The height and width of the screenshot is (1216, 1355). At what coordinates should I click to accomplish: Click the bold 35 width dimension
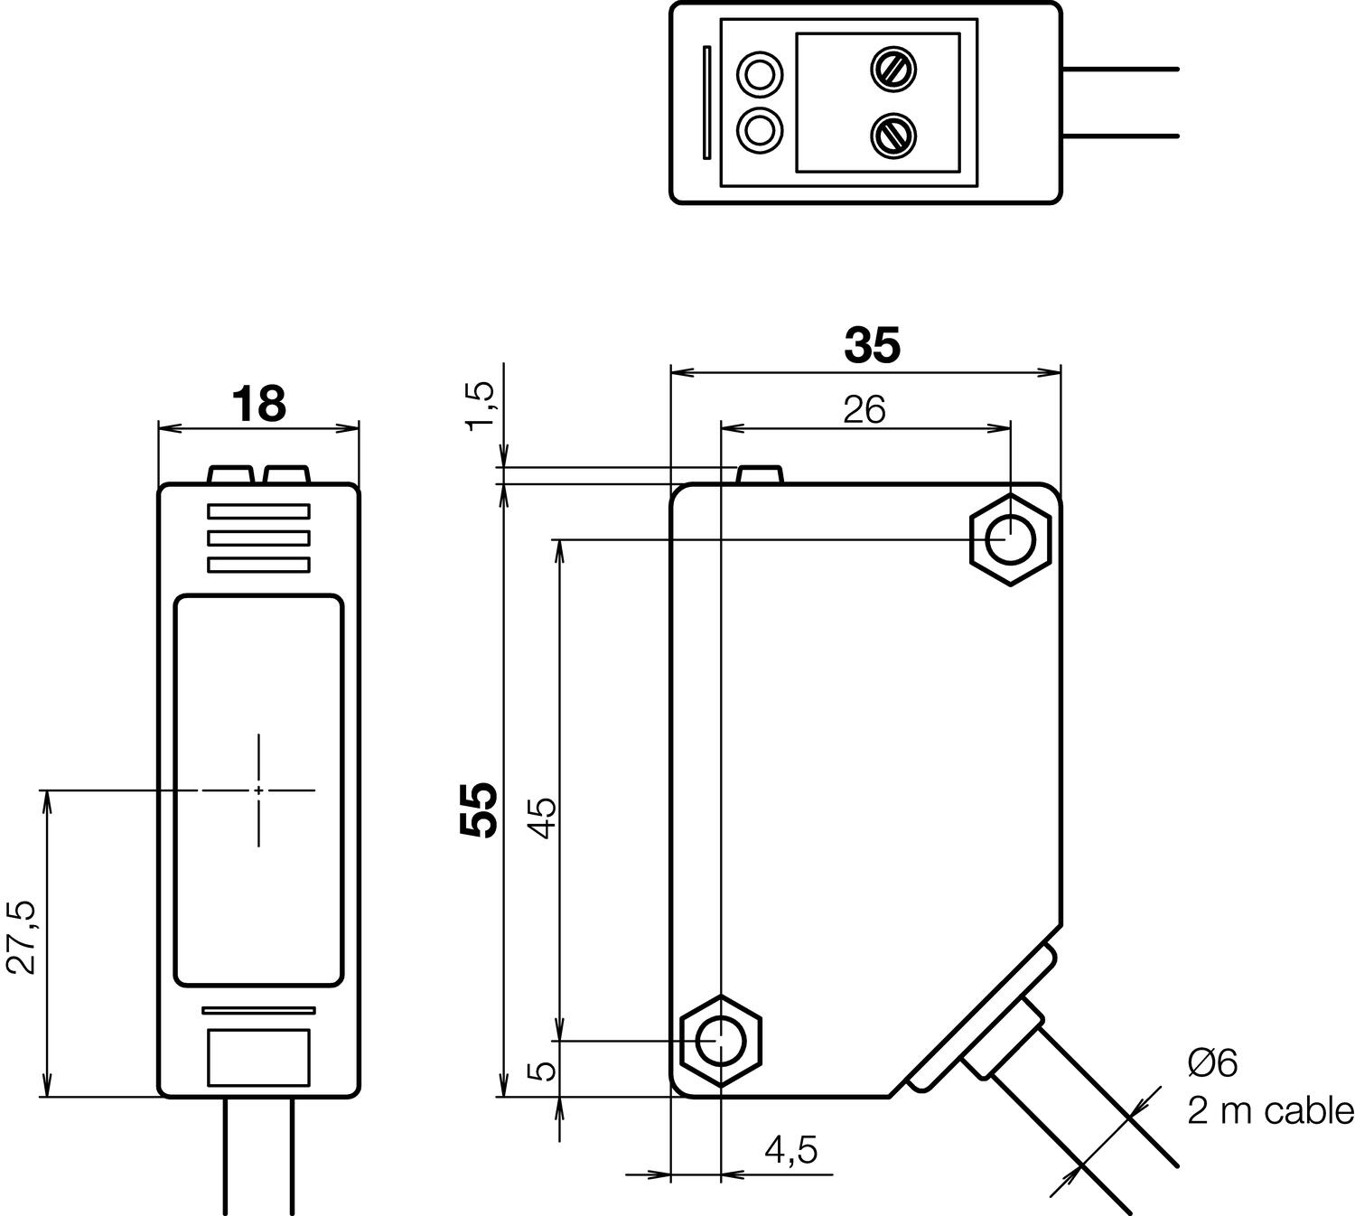(872, 345)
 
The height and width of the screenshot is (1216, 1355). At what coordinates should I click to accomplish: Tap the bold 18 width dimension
(258, 404)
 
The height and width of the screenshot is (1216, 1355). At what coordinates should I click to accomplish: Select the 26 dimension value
(864, 410)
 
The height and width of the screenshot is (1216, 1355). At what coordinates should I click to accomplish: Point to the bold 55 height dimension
(479, 809)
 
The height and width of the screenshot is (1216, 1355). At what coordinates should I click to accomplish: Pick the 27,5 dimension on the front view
(25, 936)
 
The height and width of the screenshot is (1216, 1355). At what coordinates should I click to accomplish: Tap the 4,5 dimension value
(790, 1149)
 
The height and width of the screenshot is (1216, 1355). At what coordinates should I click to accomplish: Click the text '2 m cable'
(1270, 1110)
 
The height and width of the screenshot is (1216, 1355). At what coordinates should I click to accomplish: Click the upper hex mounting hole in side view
(1010, 540)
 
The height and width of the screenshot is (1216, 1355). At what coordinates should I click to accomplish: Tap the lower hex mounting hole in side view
(720, 1041)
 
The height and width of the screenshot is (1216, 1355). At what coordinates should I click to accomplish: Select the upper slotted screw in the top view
(893, 69)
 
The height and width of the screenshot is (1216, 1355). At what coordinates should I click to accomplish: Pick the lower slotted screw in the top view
(893, 135)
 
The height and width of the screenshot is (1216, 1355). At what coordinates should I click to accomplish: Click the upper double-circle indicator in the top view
(760, 73)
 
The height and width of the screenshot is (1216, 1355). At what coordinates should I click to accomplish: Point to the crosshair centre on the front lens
(258, 790)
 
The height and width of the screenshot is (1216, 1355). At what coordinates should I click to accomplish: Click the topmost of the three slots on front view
(258, 511)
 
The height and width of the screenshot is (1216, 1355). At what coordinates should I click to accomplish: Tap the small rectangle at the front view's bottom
(258, 1057)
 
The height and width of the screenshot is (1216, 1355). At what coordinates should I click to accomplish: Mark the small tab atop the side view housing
(760, 475)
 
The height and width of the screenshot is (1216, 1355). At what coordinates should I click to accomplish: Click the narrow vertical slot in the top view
(706, 102)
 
